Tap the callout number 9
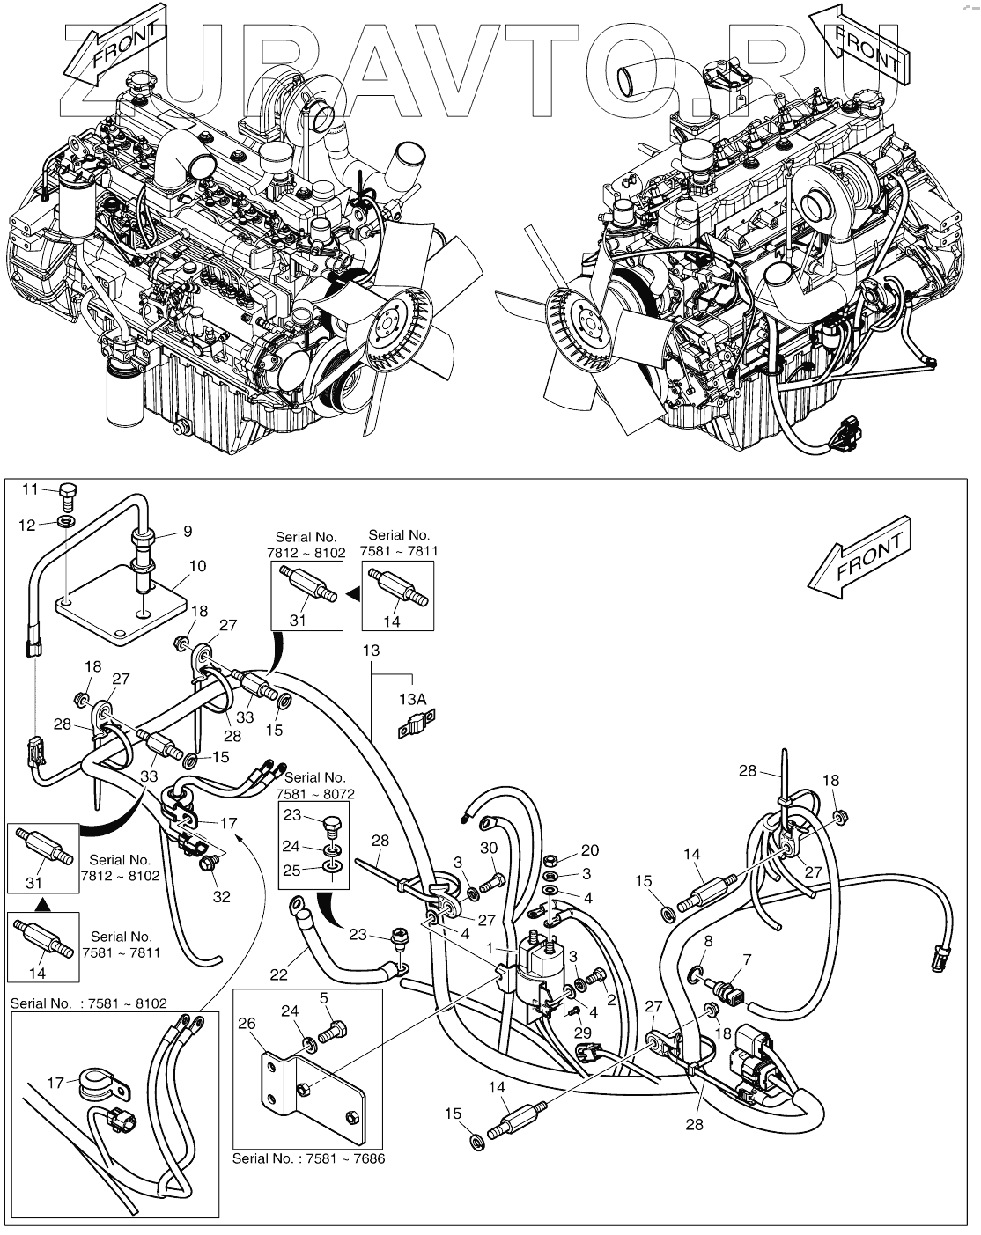[x=187, y=531]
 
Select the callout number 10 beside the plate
[x=198, y=565]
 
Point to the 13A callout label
[x=413, y=698]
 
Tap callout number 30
[x=489, y=848]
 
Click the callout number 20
[x=589, y=849]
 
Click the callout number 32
[x=221, y=897]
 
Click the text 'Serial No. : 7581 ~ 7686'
[x=308, y=1158]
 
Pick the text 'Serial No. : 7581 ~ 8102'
[x=88, y=1003]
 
